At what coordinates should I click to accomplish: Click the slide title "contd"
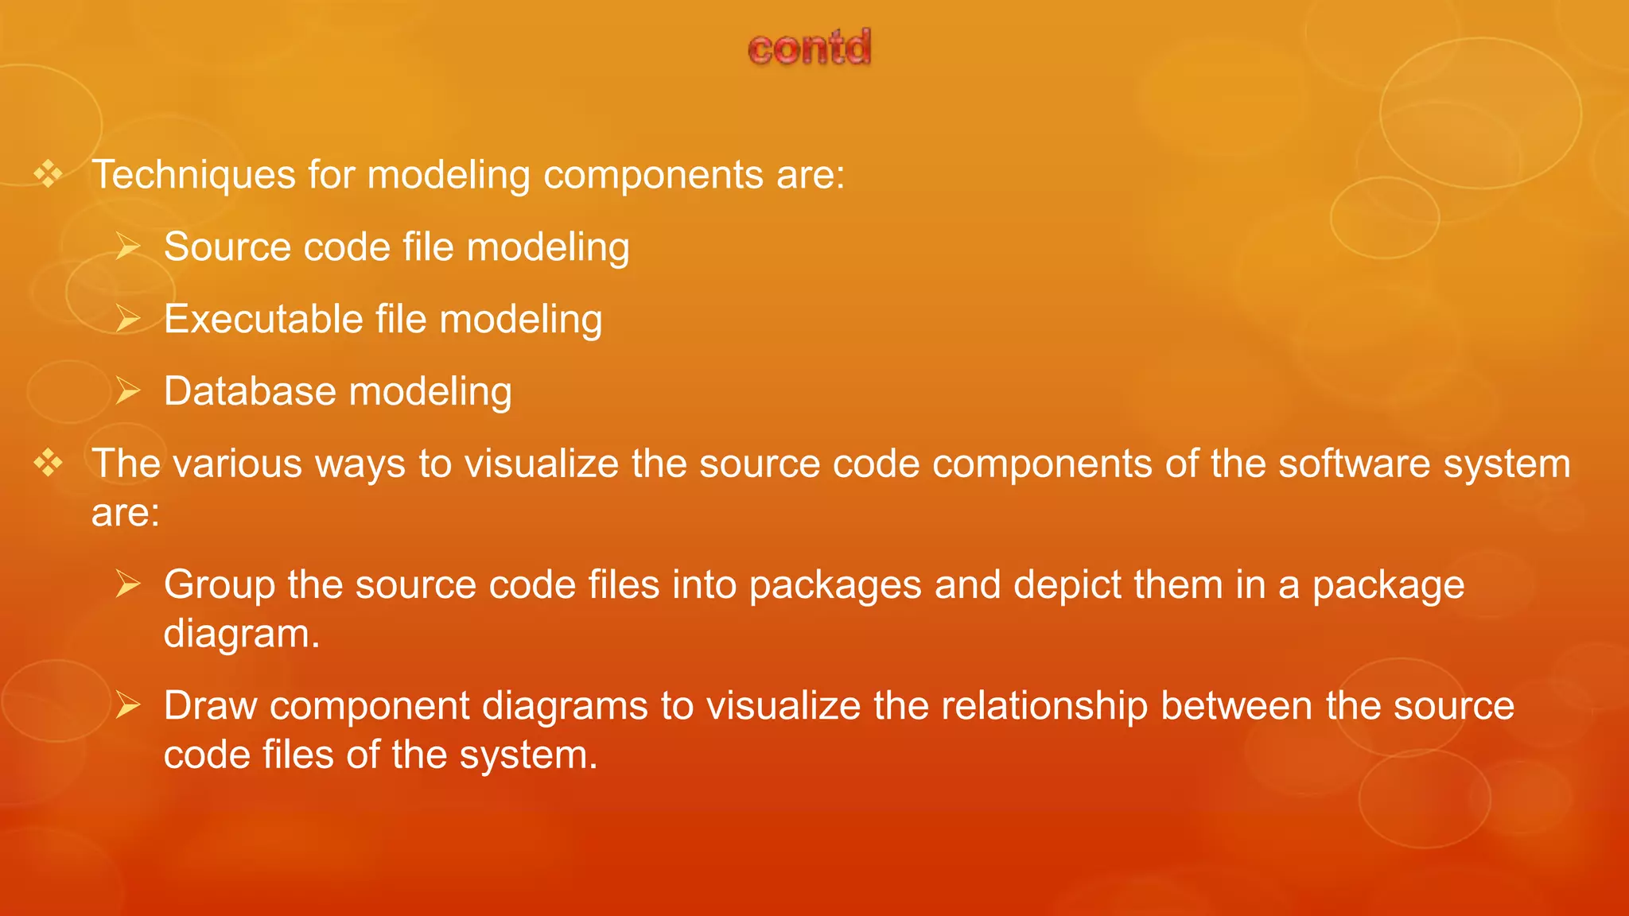[x=810, y=48]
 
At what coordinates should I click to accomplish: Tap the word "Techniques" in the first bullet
[x=193, y=175]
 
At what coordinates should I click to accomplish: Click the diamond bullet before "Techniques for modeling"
[x=49, y=173]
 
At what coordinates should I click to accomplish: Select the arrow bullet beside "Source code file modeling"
[x=127, y=246]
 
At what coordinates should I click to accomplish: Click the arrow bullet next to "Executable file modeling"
[x=127, y=319]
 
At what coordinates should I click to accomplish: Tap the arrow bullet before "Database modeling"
[x=127, y=391]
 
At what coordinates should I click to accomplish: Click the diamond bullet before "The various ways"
[x=49, y=463]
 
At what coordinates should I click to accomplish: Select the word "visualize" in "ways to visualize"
[x=542, y=464]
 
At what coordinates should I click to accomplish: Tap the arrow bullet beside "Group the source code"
[x=127, y=584]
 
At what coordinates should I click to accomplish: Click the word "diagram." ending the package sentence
[x=242, y=634]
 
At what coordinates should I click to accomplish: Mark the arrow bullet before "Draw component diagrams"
[x=127, y=705]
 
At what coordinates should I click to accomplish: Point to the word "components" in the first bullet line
[x=653, y=175]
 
